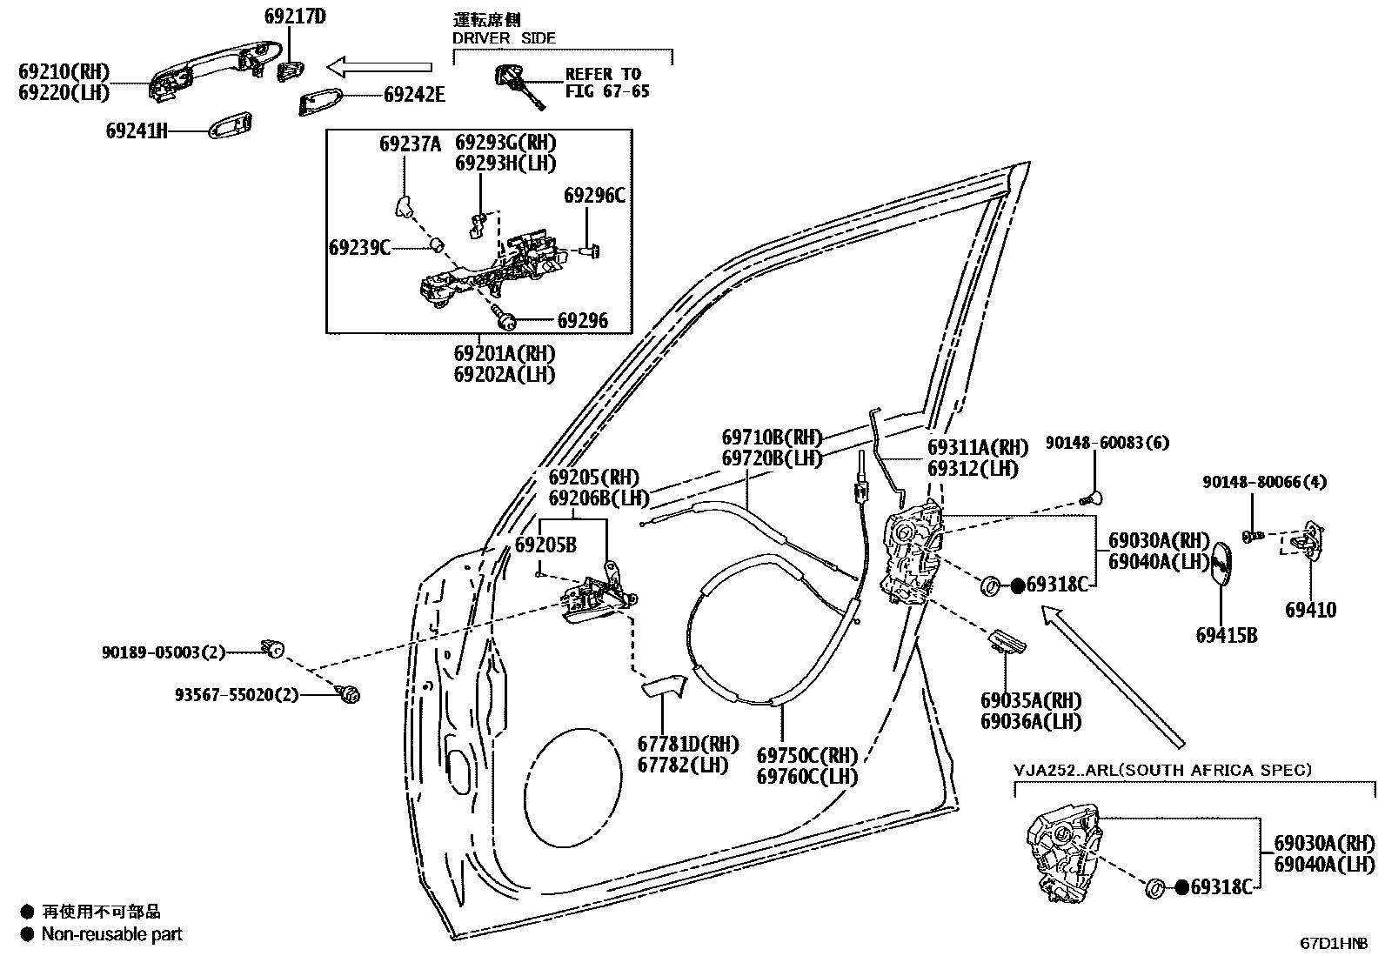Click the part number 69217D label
(295, 16)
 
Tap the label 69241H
(137, 131)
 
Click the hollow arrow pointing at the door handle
(379, 66)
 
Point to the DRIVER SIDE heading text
(504, 38)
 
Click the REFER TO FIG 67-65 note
(606, 83)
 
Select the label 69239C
(359, 248)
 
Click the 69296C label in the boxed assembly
(594, 196)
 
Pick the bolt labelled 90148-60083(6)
(1090, 498)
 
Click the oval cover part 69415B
(1222, 570)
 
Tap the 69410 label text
(1310, 610)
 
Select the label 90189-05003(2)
(163, 652)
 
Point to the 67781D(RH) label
(687, 744)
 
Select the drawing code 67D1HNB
(1335, 943)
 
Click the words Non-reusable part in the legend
(112, 935)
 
